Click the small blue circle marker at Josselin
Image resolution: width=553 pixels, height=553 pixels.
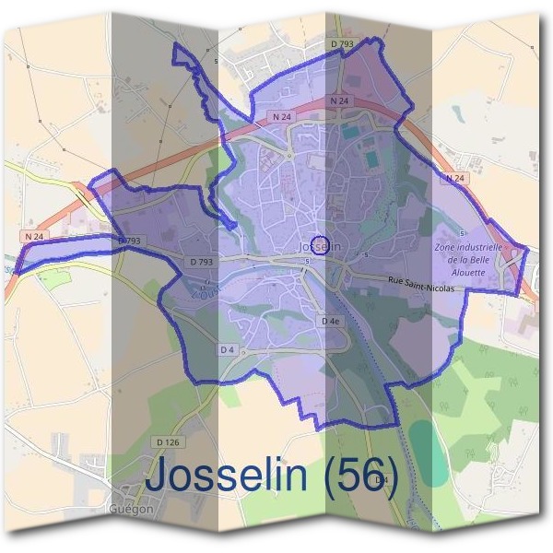click(x=320, y=245)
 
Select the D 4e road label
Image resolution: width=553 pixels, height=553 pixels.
click(x=333, y=320)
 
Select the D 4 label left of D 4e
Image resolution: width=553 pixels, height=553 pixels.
click(x=227, y=349)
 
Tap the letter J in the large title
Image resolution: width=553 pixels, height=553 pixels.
click(x=162, y=476)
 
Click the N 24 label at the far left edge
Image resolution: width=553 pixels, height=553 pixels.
click(x=35, y=236)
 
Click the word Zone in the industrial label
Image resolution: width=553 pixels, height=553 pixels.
click(x=445, y=248)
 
